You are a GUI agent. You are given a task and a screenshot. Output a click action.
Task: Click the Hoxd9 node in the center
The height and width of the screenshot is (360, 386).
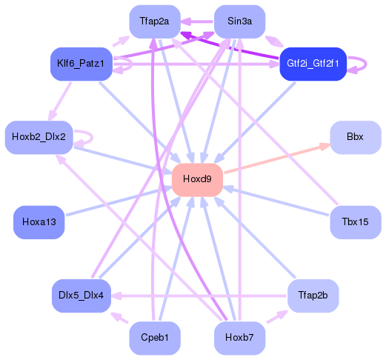197,179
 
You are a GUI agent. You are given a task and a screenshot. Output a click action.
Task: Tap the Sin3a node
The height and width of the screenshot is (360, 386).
239,21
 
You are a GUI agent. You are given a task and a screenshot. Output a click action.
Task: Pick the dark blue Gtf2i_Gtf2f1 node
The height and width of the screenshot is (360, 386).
313,64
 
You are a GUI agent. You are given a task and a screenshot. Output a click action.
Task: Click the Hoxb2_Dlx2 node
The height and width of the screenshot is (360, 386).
39,137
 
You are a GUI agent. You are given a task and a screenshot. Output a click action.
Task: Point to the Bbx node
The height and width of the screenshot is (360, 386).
355,137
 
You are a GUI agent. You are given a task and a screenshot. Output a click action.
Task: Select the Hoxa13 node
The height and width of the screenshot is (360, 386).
39,222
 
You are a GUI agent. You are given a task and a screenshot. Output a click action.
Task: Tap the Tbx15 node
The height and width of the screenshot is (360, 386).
355,222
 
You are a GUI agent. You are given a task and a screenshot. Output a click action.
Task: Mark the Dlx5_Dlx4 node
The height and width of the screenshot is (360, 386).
81,296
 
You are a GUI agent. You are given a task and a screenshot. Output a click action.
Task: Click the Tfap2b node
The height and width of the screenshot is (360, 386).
313,296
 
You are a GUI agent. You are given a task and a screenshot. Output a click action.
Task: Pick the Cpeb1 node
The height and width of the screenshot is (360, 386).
154,338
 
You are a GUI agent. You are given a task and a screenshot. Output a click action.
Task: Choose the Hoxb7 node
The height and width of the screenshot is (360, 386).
239,338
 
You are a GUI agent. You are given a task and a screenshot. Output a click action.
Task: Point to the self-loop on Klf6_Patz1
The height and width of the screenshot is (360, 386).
127,65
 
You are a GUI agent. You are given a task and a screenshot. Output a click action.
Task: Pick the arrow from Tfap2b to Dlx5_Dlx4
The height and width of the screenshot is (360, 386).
200,296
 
